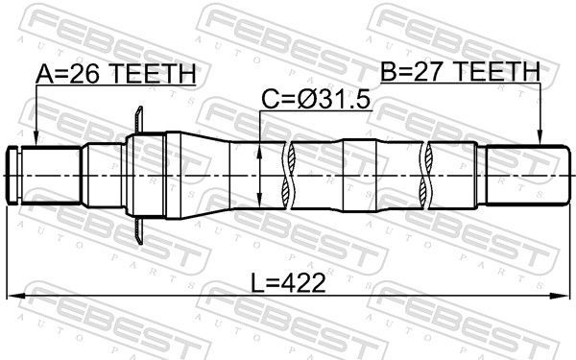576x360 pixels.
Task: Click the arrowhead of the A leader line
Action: point(35,141)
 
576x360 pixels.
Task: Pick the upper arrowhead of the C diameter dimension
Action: point(262,148)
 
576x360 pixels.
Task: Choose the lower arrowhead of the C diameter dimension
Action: point(262,201)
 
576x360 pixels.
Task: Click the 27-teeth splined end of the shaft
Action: point(523,175)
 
